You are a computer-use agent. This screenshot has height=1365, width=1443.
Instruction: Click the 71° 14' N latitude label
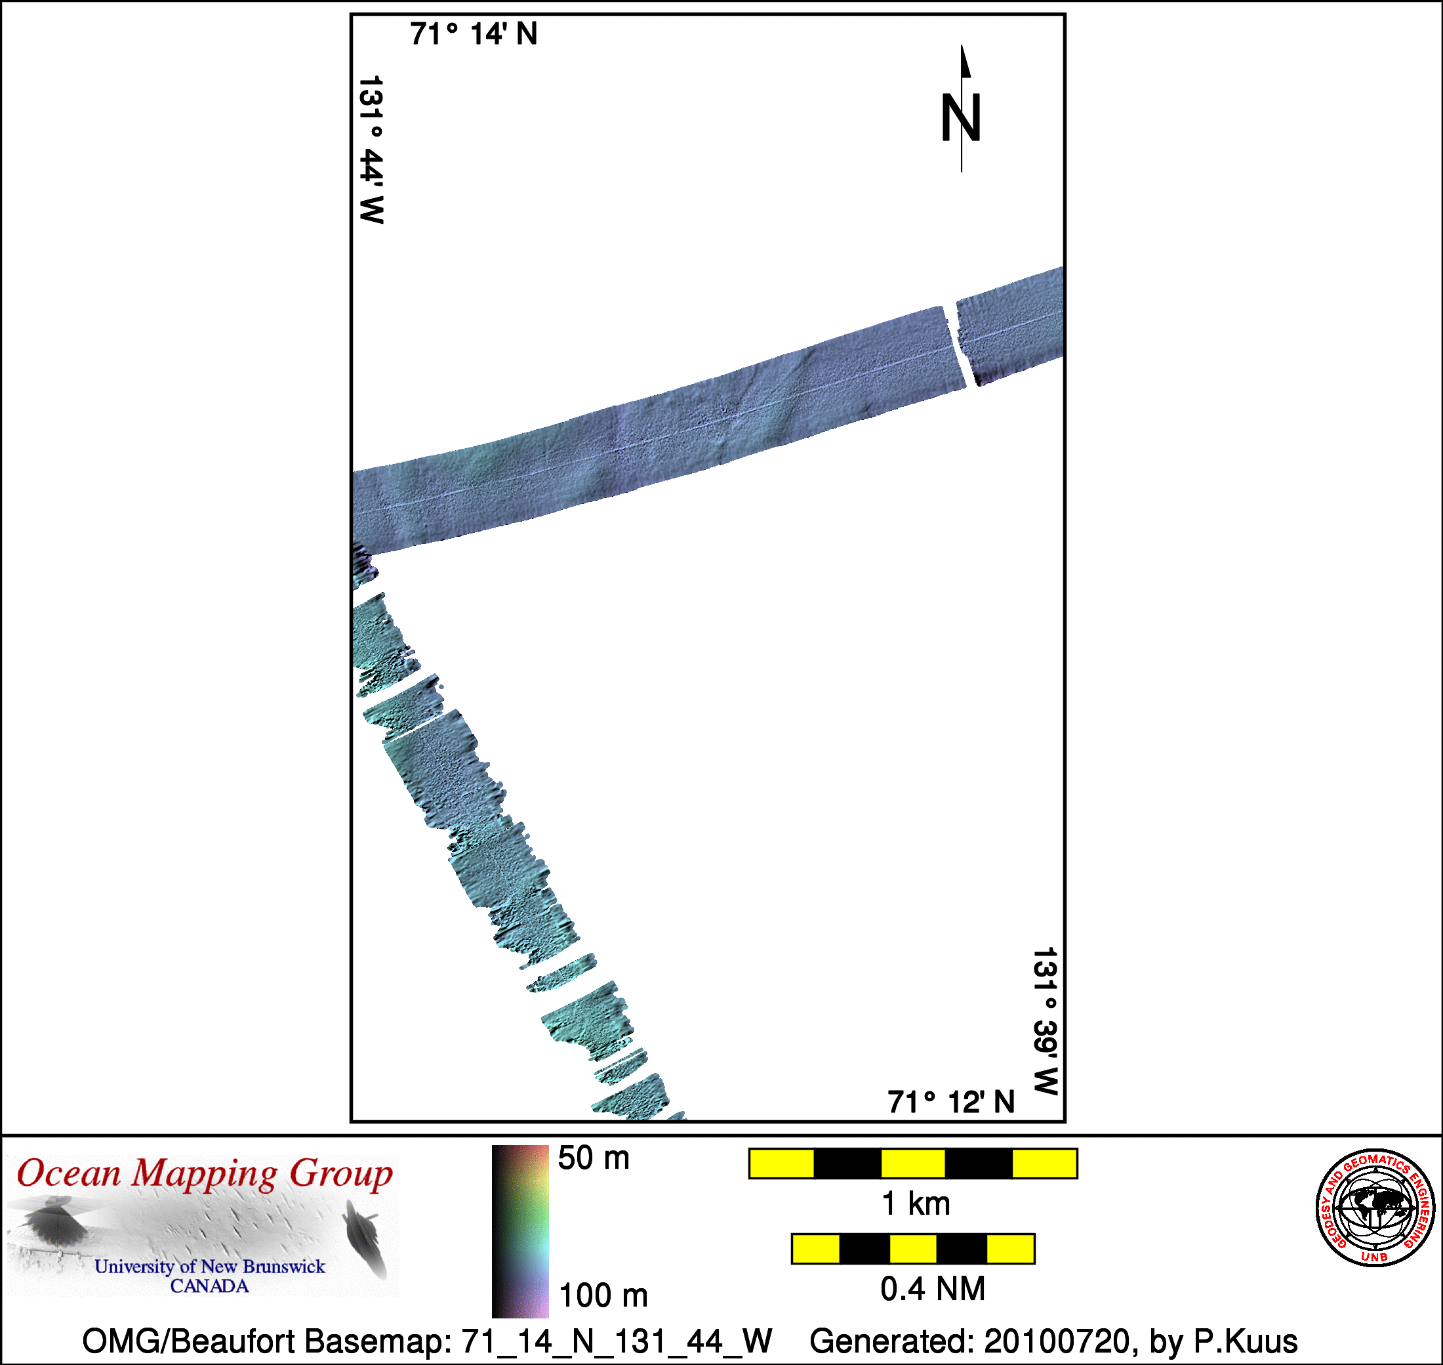click(474, 34)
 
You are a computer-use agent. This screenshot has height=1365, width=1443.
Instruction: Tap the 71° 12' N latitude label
click(950, 1102)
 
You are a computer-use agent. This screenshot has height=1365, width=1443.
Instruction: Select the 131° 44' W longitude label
click(372, 150)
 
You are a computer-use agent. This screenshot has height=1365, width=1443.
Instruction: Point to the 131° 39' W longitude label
click(1045, 1022)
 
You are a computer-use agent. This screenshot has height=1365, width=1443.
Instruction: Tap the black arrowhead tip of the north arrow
click(962, 46)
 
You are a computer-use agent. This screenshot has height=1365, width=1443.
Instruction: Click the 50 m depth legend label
click(594, 1158)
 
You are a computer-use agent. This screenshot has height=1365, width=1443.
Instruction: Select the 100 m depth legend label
click(603, 1295)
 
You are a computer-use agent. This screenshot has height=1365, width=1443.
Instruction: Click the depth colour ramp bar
click(520, 1231)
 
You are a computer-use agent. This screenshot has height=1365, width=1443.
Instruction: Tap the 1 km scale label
click(916, 1204)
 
